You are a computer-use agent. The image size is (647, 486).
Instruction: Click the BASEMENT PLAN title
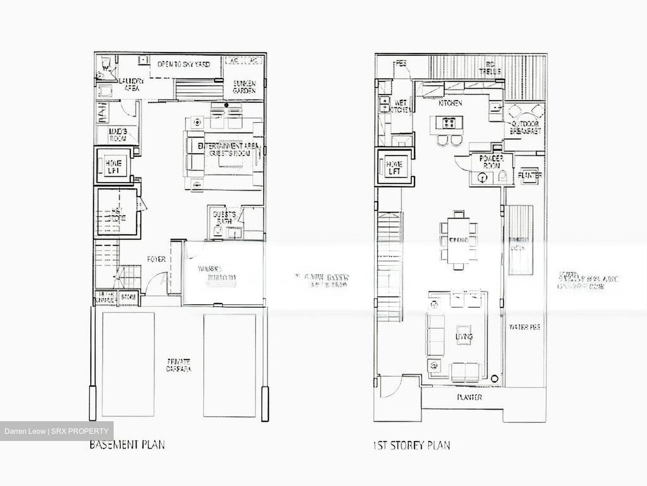tap(127, 445)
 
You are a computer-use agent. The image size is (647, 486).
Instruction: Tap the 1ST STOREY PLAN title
tap(411, 445)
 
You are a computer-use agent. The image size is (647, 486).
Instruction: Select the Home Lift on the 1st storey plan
tap(394, 167)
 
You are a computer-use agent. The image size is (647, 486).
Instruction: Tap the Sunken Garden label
tap(244, 87)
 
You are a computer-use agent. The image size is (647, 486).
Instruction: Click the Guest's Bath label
tap(224, 217)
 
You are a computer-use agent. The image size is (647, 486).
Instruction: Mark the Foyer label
tap(156, 259)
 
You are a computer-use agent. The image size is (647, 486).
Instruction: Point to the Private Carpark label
tap(179, 365)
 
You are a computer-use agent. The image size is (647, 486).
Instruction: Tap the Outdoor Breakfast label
tap(525, 127)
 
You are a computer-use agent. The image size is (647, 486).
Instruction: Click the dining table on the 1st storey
tap(458, 240)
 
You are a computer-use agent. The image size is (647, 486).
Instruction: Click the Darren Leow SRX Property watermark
tap(57, 431)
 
